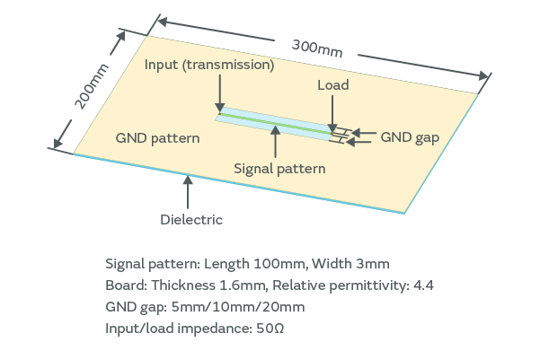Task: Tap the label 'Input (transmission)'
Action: coord(209,66)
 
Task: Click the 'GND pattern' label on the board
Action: coord(157,139)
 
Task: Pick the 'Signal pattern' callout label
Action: coord(279,168)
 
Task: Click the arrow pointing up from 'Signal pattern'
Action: coord(274,143)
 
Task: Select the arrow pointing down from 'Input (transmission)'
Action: coord(219,94)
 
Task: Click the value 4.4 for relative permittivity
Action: coord(422,285)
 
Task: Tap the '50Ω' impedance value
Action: coord(270,329)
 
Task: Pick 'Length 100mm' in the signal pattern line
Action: coord(243,264)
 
